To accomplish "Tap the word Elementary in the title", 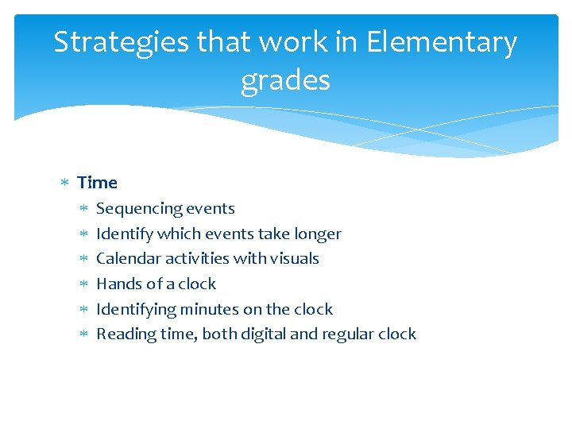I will [x=442, y=42].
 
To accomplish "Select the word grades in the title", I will [x=285, y=80].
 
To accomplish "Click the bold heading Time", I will [x=98, y=183].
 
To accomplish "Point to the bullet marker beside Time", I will [x=66, y=184].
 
